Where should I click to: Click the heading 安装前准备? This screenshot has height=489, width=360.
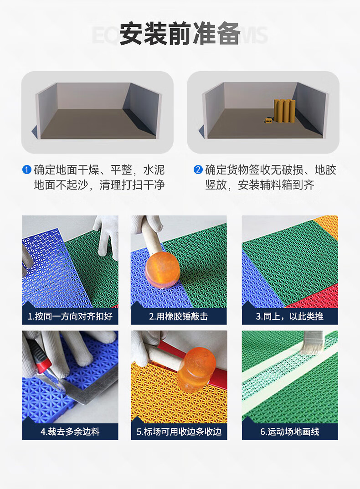coord(180,33)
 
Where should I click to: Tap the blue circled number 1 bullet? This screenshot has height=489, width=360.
coord(27,170)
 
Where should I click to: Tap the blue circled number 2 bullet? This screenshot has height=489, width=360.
coord(198,170)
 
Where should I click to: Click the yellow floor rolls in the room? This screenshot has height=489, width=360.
coord(284,111)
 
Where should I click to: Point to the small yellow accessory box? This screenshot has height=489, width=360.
coord(268,120)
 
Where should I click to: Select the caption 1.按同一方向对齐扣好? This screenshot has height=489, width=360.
coord(70,317)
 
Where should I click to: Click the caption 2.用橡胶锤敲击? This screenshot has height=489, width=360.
coord(179,317)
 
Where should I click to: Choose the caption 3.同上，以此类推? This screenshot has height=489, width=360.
coord(289,317)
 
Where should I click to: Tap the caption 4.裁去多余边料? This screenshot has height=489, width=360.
coord(70,432)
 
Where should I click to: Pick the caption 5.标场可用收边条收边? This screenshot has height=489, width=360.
coord(179,432)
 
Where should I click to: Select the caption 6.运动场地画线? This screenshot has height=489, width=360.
coord(290,432)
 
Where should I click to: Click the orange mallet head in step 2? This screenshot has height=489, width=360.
coord(162,268)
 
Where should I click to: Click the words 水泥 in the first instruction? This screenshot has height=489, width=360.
coord(154,170)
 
